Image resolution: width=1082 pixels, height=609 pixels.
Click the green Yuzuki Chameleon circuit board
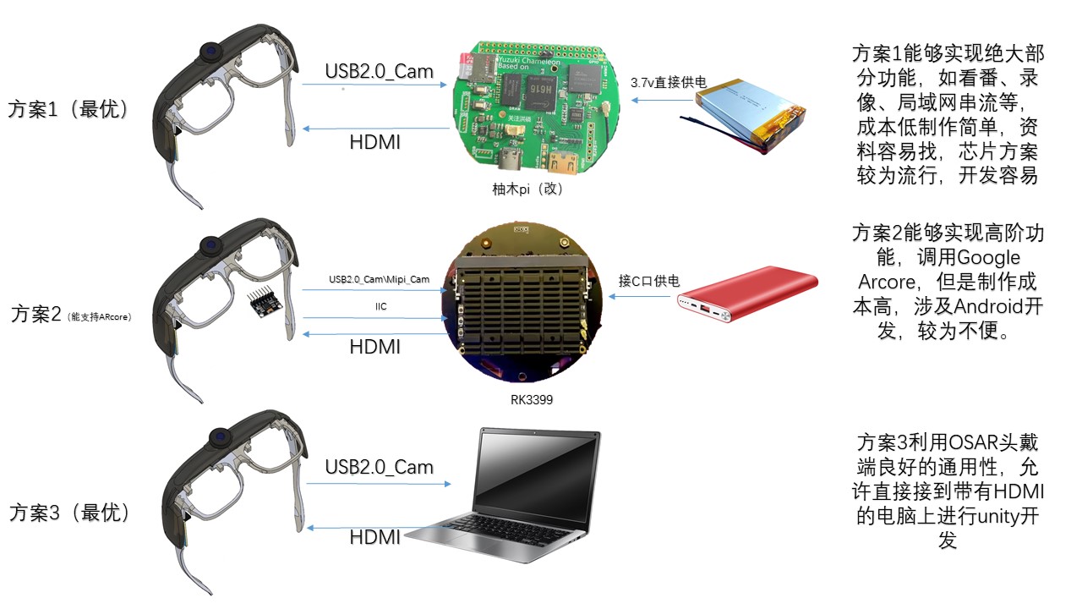535,108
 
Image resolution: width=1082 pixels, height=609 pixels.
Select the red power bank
747,294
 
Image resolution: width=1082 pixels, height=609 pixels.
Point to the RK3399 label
532,400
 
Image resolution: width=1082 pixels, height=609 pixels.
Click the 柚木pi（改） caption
527,189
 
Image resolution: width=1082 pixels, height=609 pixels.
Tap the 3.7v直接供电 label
669,83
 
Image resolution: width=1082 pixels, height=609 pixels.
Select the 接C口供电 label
648,281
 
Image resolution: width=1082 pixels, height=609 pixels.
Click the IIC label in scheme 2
380,306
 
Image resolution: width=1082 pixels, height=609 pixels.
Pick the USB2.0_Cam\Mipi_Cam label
380,279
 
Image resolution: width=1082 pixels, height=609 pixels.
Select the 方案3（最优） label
69,513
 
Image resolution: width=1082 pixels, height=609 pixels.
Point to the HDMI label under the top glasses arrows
374,142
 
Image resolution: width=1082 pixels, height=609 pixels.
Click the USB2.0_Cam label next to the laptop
380,467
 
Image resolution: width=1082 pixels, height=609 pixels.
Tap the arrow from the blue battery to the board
662,100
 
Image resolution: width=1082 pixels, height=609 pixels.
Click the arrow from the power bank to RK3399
639,296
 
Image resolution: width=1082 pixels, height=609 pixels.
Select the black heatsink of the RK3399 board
522,309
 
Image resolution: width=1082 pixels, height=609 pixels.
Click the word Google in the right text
988,258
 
